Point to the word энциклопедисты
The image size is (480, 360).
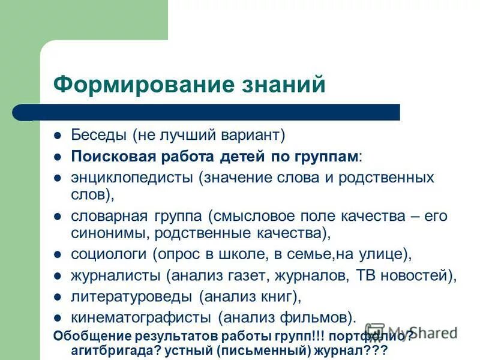[133, 178]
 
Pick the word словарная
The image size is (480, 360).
[106, 215]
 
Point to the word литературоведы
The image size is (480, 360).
[133, 296]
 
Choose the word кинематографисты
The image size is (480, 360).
[141, 316]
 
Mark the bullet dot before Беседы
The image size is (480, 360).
[58, 136]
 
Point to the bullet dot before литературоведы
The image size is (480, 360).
[58, 297]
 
